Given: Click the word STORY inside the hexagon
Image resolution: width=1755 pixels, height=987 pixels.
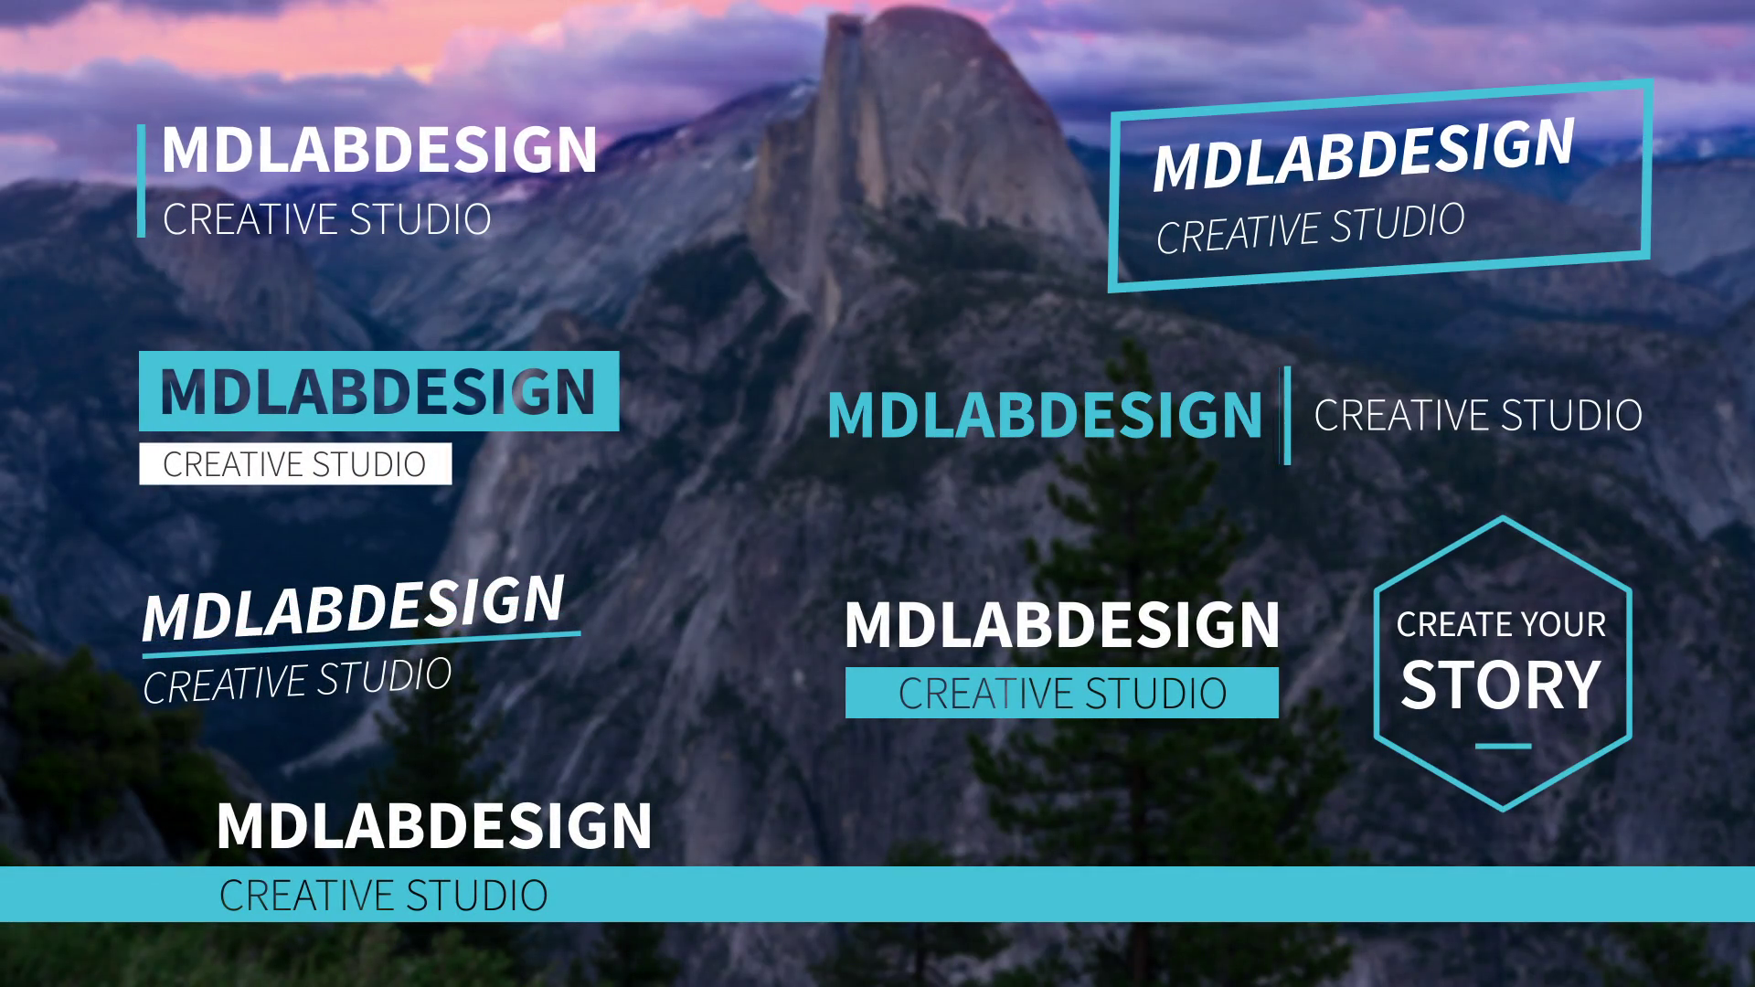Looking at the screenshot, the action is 1501,685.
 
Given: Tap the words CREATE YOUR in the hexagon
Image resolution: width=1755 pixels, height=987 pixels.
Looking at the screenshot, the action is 1501,624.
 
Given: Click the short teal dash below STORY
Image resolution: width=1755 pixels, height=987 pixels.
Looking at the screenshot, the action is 1503,747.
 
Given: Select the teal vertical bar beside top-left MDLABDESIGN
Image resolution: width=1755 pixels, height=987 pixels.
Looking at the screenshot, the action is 142,181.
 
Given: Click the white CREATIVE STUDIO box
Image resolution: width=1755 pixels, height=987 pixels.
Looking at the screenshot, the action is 295,464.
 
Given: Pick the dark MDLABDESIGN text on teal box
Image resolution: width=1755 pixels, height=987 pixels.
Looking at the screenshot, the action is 378,392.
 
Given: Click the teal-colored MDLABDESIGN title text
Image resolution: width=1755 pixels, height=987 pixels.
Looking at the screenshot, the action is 1045,415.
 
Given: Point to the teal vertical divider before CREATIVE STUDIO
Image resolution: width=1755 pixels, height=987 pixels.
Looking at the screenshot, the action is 1287,415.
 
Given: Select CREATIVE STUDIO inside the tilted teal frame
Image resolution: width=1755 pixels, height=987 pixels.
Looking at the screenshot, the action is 1311,228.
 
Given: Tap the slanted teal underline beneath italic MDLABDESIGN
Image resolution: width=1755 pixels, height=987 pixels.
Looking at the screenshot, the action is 361,644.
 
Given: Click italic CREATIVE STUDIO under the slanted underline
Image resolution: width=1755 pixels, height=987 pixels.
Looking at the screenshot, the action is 297,681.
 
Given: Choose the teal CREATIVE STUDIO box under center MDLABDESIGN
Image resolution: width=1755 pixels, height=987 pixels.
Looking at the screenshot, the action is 1062,693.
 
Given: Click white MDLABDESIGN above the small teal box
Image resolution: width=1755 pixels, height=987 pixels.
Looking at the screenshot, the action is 1062,625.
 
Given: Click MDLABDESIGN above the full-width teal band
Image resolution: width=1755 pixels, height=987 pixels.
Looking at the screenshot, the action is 434,826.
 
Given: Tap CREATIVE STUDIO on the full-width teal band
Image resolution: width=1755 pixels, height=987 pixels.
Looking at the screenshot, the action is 384,895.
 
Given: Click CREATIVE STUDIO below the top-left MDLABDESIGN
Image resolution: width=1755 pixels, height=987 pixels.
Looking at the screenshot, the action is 327,219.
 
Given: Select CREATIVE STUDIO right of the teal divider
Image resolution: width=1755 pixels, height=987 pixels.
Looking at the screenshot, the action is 1478,416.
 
